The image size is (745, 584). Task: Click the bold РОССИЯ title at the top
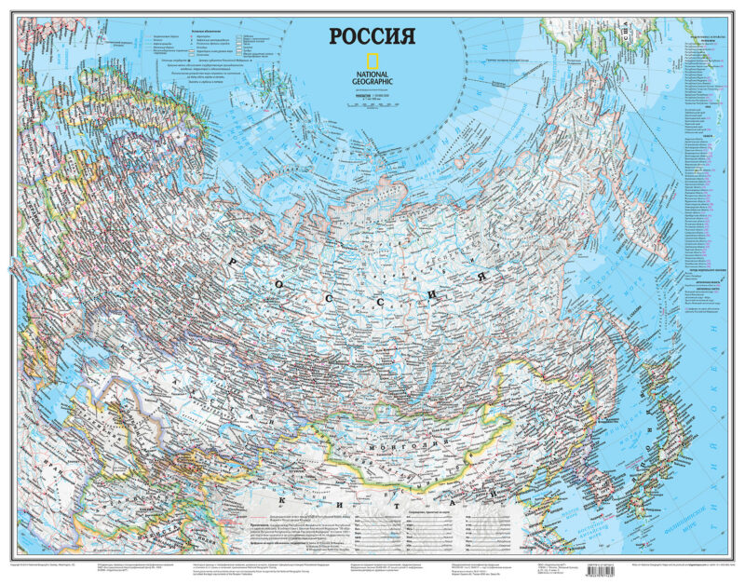pyautogui.click(x=370, y=36)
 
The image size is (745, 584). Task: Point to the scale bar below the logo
pyautogui.click(x=372, y=105)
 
